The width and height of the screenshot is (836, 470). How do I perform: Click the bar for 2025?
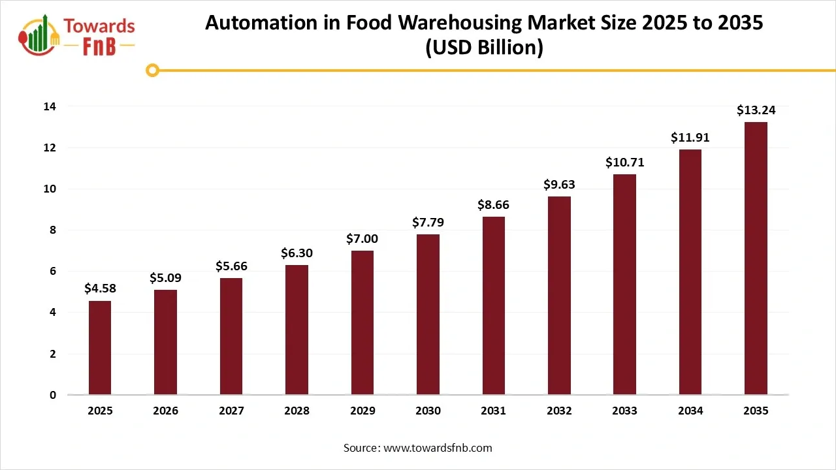[100, 347]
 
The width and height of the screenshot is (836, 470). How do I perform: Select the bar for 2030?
[428, 314]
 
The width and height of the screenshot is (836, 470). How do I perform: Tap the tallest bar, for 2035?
[756, 258]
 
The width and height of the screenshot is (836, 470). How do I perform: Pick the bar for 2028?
[297, 330]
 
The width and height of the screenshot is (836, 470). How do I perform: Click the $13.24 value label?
[756, 110]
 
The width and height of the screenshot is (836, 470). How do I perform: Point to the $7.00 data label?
[362, 239]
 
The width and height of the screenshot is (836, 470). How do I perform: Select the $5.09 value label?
[165, 278]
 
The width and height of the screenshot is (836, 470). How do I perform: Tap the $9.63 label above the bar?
[559, 185]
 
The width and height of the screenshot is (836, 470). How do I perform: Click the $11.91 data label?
[690, 138]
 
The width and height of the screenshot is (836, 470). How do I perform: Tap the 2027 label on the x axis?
[231, 411]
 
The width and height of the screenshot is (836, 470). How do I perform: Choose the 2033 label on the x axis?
[624, 411]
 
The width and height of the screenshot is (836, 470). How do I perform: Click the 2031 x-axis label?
[493, 411]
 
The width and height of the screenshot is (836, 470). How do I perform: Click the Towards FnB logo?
[77, 36]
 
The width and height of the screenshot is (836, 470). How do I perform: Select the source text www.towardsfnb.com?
[438, 448]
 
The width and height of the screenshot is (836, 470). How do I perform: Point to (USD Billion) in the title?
[484, 48]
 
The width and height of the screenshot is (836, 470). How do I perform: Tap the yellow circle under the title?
[152, 70]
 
